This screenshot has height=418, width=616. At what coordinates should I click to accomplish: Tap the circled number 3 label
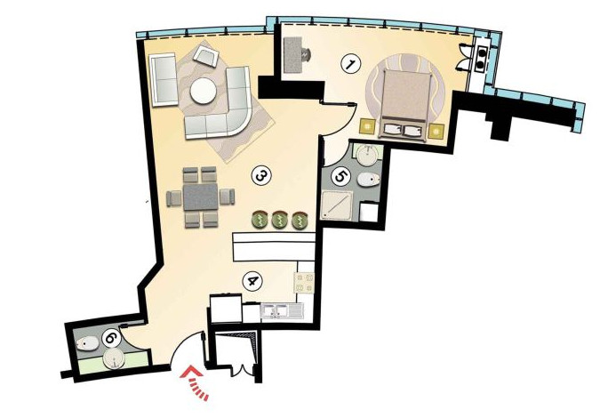click(x=260, y=176)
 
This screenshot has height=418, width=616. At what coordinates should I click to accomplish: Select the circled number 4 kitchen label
click(x=252, y=282)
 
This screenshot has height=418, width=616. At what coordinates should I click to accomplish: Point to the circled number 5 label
click(x=340, y=176)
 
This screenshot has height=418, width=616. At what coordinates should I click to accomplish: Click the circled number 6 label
click(x=111, y=338)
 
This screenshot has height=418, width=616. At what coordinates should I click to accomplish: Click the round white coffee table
click(x=203, y=91)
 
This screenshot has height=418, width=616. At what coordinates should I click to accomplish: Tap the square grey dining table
click(x=200, y=197)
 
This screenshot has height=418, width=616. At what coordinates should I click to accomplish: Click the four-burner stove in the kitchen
click(x=304, y=283)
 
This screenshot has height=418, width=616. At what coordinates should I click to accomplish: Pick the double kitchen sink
click(x=282, y=311)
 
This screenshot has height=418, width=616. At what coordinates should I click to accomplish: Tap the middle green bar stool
click(x=280, y=220)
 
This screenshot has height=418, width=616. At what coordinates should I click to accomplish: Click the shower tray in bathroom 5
click(x=335, y=205)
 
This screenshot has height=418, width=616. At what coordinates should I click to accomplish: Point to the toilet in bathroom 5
click(x=369, y=180)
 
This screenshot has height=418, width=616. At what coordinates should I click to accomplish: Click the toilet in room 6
click(x=88, y=345)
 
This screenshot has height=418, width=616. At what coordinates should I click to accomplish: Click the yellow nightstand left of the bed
click(x=368, y=127)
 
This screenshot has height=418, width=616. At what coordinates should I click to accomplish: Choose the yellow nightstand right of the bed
click(x=436, y=130)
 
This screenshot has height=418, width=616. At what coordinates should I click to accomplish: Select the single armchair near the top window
click(x=206, y=56)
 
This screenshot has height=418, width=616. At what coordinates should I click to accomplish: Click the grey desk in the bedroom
click(x=292, y=54)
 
